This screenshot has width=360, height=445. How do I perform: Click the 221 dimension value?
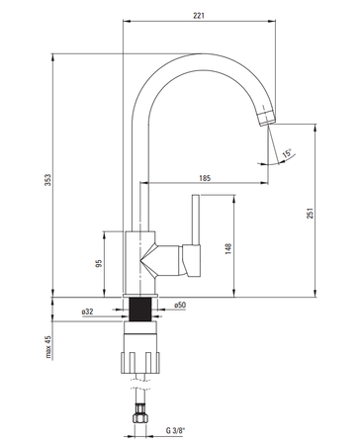pos(199,15)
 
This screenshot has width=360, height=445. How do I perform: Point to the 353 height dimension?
pos(48,180)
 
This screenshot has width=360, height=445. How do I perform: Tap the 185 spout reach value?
pos(205,178)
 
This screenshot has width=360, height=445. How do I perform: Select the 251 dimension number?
pos(310,214)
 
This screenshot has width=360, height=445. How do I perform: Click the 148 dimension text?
pos(228,248)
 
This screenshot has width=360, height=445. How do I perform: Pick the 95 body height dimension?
pos(99,263)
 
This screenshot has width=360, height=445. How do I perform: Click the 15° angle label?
pos(287,153)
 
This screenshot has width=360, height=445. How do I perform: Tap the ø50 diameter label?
pos(180,305)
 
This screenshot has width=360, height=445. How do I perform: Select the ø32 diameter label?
pos(87,311)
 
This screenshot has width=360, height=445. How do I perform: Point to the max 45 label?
pos(48,347)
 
